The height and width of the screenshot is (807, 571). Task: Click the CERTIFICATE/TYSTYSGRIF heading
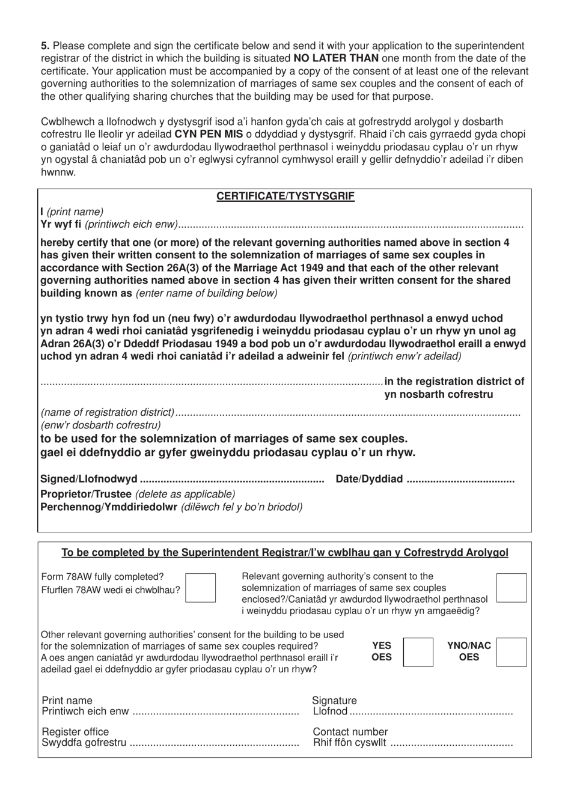(x=285, y=196)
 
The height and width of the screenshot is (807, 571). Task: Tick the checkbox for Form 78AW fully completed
(x=200, y=588)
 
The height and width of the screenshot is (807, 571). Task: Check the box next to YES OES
(x=418, y=652)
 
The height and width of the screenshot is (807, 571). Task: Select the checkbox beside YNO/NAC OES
(x=512, y=652)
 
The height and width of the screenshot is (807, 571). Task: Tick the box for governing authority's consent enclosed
(x=511, y=588)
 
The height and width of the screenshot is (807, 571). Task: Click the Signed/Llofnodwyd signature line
(x=231, y=480)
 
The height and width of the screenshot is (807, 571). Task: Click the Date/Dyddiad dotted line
(x=460, y=480)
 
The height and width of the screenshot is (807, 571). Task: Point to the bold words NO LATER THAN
(x=336, y=58)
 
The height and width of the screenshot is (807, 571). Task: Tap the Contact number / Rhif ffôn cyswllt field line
(x=451, y=744)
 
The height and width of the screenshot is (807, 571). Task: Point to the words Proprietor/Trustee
(x=85, y=494)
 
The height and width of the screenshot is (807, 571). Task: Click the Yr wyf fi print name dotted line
(x=351, y=225)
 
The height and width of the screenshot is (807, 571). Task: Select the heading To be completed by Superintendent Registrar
(x=285, y=552)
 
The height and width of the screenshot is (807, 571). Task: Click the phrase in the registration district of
(x=454, y=381)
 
